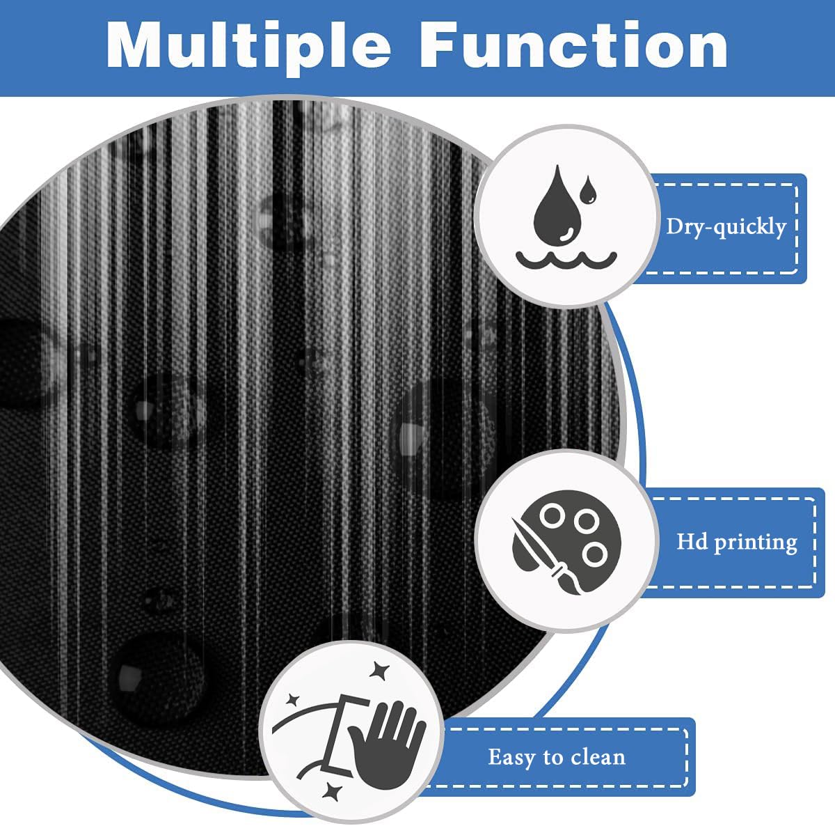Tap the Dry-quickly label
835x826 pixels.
point(726,226)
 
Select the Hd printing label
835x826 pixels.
point(736,541)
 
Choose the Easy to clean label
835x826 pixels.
point(556,756)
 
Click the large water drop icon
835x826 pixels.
point(557,206)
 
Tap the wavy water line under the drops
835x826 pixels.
point(566,260)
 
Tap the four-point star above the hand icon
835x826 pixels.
point(380,670)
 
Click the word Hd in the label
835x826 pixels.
point(692,541)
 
